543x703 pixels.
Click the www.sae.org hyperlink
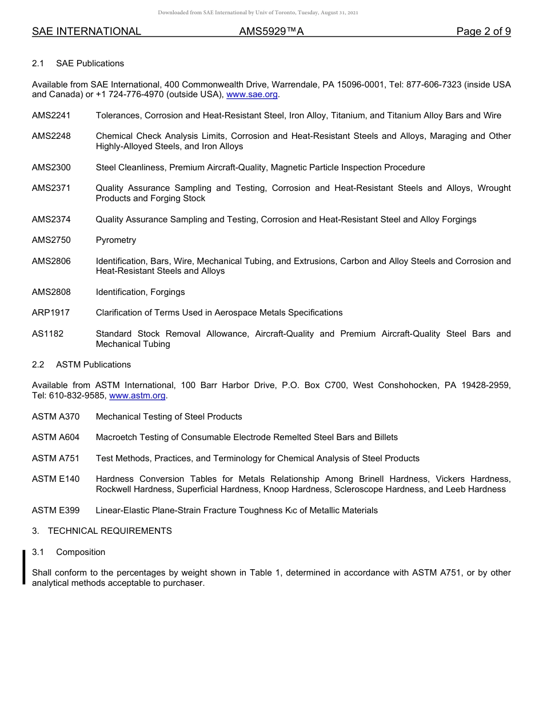point(252,95)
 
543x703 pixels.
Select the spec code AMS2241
point(51,115)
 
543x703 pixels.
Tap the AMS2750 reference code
point(51,240)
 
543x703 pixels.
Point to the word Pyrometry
point(116,240)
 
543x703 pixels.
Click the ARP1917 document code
point(51,313)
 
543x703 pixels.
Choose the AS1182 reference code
point(48,334)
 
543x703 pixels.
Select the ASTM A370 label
point(56,417)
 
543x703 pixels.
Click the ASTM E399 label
point(56,510)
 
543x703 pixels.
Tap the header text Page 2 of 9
point(484,31)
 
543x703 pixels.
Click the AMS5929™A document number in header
point(271,31)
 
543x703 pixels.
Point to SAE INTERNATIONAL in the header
point(86,31)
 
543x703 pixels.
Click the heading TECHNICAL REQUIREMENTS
point(110,531)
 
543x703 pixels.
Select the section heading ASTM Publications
point(93,365)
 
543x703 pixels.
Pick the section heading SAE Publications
point(90,63)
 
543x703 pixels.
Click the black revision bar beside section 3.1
point(24,567)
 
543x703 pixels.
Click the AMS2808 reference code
point(51,292)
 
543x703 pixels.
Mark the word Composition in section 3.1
point(81,552)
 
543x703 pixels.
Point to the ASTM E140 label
point(56,479)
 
